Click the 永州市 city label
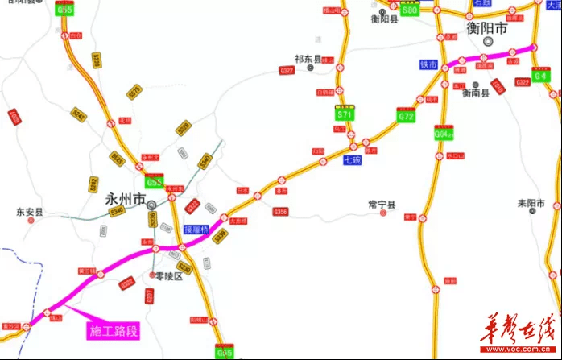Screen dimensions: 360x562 [x=125, y=198]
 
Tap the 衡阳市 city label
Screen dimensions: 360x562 [x=488, y=28]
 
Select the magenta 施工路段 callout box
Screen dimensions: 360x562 [x=114, y=330]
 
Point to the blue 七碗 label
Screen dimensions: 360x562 [x=352, y=159]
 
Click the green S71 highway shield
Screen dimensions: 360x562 [x=345, y=114]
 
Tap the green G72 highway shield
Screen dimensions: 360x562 [x=406, y=116]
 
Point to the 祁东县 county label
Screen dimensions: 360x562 [x=307, y=59]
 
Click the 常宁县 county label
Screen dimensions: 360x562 [x=382, y=205]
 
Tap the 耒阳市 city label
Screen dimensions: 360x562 [x=532, y=202]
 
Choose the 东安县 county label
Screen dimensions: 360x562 [x=30, y=213]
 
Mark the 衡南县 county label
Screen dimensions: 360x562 [x=476, y=93]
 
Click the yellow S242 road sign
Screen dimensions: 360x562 [x=79, y=115]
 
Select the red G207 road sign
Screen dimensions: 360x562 [x=149, y=296]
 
